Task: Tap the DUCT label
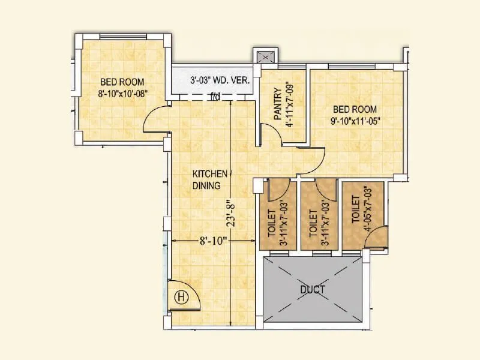tap(312, 290)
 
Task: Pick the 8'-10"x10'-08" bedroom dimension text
tap(123, 93)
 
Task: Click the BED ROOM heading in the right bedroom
tap(355, 109)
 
